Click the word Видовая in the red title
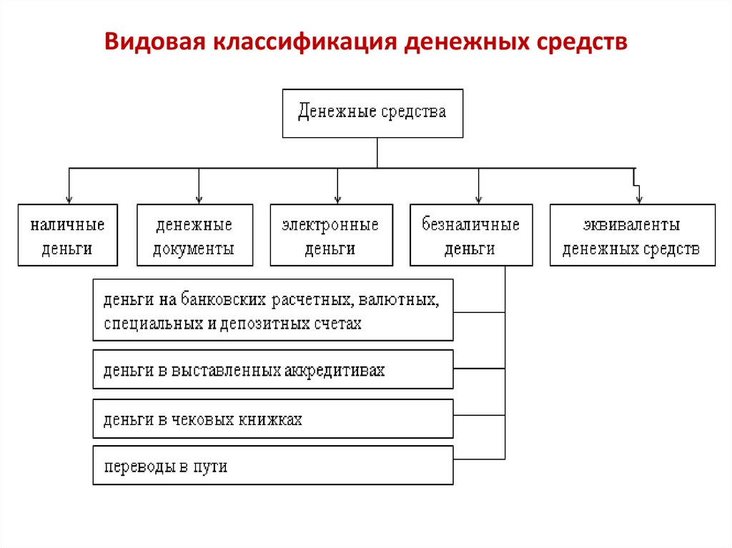tap(155, 41)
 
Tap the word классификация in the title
tap(305, 42)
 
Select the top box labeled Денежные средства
tap(372, 114)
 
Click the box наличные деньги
tap(68, 235)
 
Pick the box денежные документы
tap(194, 235)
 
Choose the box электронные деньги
tap(331, 235)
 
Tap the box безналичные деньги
tap(471, 235)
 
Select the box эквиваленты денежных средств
tap(632, 235)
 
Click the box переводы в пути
tap(272, 465)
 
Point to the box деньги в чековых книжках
tap(272, 418)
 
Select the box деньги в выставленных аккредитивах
tap(272, 369)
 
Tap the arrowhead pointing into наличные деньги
tap(69, 200)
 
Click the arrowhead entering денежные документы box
tap(199, 200)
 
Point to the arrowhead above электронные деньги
tap(337, 200)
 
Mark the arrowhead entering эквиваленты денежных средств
tap(639, 200)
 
